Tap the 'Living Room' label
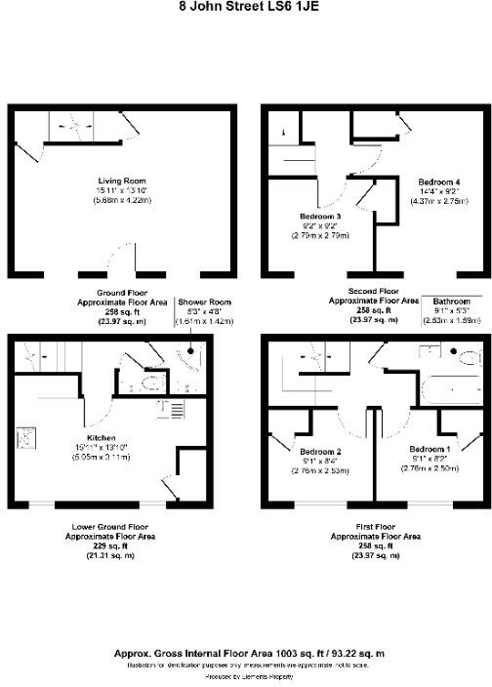tap(121, 180)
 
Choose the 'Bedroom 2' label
tap(319, 452)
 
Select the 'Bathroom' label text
tap(451, 302)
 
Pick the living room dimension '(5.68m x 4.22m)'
tap(122, 200)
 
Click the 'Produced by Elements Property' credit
tap(246, 674)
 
